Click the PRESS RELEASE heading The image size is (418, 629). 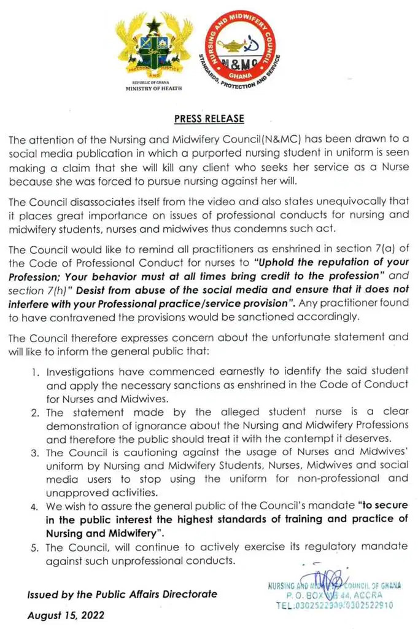point(209,119)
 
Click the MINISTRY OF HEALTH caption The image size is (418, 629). point(153,88)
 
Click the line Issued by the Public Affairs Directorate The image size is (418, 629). point(121,594)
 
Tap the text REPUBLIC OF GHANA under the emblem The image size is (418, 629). point(153,82)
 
